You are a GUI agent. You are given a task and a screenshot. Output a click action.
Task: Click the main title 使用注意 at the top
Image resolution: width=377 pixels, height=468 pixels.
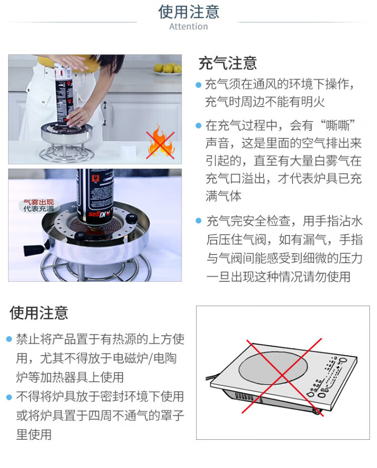pyautogui.click(x=189, y=12)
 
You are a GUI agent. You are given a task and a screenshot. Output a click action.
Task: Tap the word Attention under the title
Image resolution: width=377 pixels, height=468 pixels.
pyautogui.click(x=189, y=27)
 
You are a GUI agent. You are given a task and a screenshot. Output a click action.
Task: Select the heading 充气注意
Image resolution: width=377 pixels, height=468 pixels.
pyautogui.click(x=228, y=63)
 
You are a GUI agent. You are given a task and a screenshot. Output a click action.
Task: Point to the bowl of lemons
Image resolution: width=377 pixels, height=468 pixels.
pyautogui.click(x=167, y=68)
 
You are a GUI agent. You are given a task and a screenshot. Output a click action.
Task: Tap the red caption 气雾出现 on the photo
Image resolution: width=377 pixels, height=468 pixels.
pyautogui.click(x=39, y=202)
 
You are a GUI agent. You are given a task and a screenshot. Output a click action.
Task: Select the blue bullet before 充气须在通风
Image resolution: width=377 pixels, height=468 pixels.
pyautogui.click(x=199, y=85)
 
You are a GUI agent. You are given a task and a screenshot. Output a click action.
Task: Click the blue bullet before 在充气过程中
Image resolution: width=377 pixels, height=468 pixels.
pyautogui.click(x=199, y=126)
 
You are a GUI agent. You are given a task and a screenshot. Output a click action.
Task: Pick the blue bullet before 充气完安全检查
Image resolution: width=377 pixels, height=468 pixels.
pyautogui.click(x=199, y=221)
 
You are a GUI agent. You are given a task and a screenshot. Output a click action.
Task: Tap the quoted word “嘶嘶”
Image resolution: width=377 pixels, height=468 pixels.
pyautogui.click(x=338, y=125)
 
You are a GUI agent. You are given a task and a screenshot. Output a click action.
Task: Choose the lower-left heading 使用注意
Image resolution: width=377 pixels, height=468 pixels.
pyautogui.click(x=39, y=313)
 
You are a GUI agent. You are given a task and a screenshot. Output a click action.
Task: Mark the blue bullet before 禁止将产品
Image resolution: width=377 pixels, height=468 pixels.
pyautogui.click(x=9, y=339)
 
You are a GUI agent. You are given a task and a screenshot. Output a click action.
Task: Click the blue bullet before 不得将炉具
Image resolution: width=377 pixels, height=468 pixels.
pyautogui.click(x=9, y=397)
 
